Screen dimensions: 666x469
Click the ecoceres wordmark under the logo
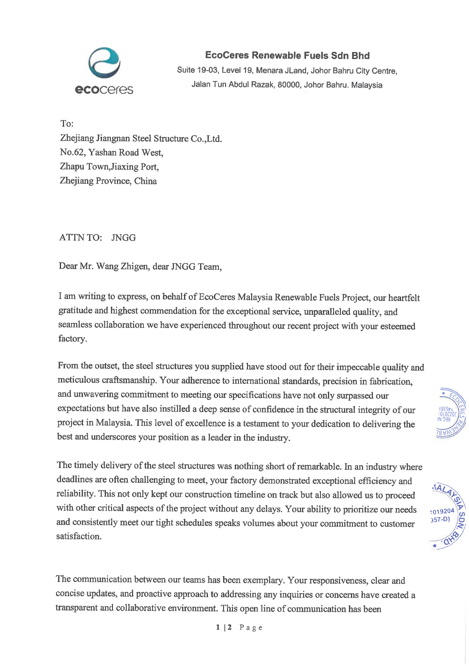[104, 90]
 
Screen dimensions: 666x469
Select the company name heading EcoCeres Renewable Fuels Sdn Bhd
[287, 55]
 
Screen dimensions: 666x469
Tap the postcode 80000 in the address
[288, 85]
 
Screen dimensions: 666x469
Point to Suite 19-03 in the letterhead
[197, 70]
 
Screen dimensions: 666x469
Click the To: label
[67, 124]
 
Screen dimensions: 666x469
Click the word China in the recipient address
[145, 181]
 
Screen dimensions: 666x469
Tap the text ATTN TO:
[81, 238]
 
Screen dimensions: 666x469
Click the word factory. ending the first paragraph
[72, 339]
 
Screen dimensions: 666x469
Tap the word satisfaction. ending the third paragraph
[79, 536]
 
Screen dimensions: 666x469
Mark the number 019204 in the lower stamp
[443, 511]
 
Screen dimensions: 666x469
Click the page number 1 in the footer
[217, 627]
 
